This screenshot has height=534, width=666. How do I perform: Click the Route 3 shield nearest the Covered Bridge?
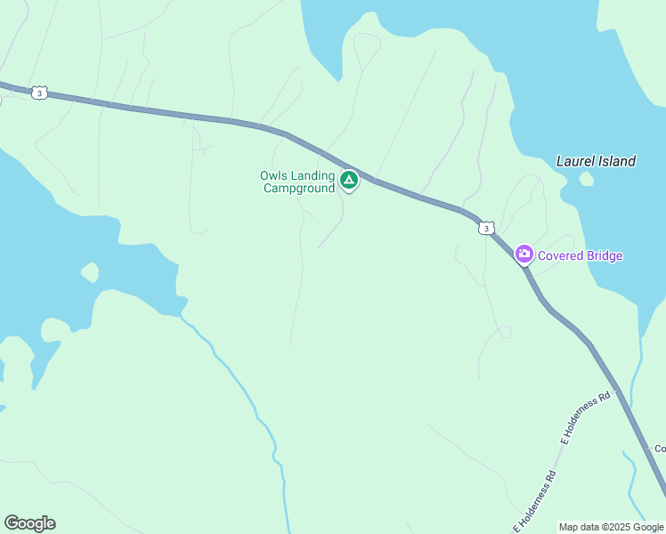485,229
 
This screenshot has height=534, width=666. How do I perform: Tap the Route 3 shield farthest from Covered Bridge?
38,93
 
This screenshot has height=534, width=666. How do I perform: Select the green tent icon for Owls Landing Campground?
349,182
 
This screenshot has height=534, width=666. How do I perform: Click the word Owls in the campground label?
273,175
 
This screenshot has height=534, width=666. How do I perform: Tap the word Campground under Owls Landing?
299,188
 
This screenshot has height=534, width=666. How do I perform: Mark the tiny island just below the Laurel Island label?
586,179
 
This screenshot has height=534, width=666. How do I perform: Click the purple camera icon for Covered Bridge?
524,255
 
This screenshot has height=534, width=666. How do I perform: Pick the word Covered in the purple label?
560,256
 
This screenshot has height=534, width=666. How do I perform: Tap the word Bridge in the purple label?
605,256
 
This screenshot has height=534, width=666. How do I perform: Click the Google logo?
29,523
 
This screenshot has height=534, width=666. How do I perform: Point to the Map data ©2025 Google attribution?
612,527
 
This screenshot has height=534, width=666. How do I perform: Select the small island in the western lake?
89,271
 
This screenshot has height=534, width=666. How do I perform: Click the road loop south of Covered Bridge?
504,333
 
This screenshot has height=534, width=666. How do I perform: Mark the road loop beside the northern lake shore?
366,52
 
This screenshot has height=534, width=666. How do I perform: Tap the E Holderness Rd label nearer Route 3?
587,417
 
